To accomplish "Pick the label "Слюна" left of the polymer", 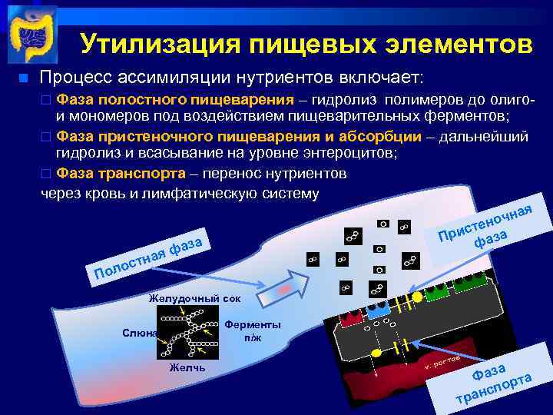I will pos(138,333).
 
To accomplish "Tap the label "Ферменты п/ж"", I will pos(253,330).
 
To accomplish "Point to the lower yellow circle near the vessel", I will pos(376,352).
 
